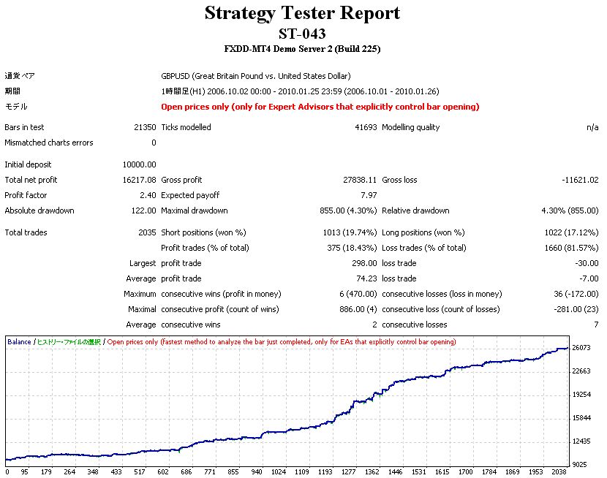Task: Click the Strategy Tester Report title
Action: click(x=302, y=13)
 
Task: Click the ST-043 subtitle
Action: click(x=302, y=34)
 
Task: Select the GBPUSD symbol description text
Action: click(x=256, y=76)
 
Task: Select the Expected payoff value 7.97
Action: click(x=369, y=195)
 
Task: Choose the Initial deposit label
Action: click(x=28, y=164)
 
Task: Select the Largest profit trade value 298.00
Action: click(x=364, y=263)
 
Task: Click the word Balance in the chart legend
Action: click(x=19, y=341)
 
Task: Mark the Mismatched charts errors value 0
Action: click(x=154, y=143)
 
